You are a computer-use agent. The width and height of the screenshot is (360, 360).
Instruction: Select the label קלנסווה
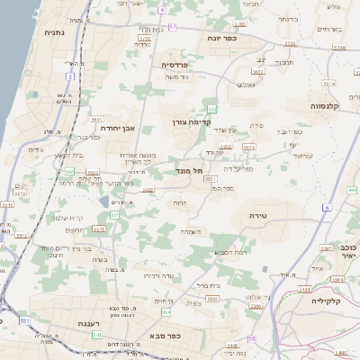330,105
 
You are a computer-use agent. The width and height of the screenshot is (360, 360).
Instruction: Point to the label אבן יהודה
118,129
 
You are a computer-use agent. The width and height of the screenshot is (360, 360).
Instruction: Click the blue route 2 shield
70,76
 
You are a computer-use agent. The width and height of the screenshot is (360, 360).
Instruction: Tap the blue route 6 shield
326,208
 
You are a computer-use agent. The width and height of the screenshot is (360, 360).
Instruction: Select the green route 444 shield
351,191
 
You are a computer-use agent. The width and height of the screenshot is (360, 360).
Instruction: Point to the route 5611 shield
96,119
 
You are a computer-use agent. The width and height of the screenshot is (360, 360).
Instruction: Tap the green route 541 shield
96,335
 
